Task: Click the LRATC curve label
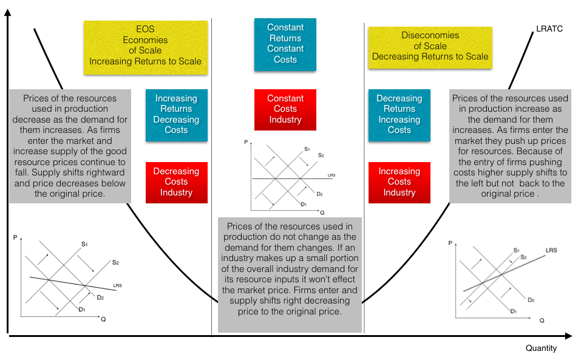click(x=549, y=29)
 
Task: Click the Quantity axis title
click(x=541, y=348)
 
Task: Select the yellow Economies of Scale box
click(x=145, y=46)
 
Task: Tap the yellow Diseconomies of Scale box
click(x=430, y=46)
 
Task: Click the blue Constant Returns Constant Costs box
click(x=285, y=44)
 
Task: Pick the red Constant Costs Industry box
click(x=285, y=109)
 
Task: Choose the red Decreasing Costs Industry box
click(x=176, y=182)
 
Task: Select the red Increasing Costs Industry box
click(x=399, y=182)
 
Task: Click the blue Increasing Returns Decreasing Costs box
click(x=176, y=114)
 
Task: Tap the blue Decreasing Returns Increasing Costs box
click(x=399, y=114)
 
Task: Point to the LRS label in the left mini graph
click(x=118, y=285)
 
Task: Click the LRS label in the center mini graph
click(x=331, y=175)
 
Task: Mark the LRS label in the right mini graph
click(x=551, y=250)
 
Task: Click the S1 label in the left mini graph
click(x=84, y=244)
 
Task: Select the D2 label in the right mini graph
click(x=531, y=299)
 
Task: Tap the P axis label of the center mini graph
click(x=246, y=142)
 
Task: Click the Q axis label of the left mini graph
click(x=103, y=319)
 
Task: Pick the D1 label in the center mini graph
click(x=304, y=205)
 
